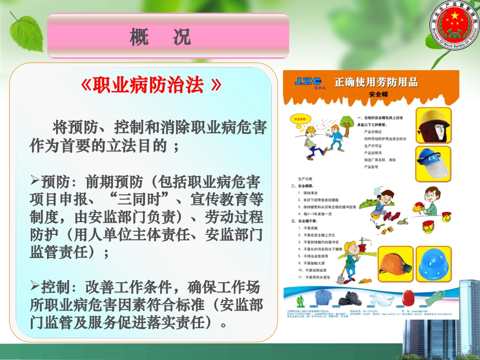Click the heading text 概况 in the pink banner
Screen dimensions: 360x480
click(x=160, y=36)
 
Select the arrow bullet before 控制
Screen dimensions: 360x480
click(x=35, y=286)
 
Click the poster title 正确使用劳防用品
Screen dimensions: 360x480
click(x=376, y=82)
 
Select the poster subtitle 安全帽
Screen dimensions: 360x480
click(x=378, y=94)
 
